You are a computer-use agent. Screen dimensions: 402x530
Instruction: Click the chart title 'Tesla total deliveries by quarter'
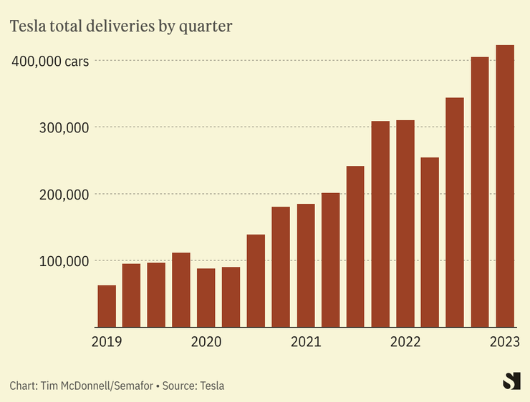pos(120,26)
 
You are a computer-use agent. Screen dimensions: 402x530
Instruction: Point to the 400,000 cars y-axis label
pos(50,62)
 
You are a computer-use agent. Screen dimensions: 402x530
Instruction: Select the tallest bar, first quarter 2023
pos(505,186)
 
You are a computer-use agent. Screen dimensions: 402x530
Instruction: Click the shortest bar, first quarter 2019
pos(107,306)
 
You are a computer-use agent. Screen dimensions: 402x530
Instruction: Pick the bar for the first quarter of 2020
pos(206,298)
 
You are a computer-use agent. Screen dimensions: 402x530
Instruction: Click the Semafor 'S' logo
pos(511,381)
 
